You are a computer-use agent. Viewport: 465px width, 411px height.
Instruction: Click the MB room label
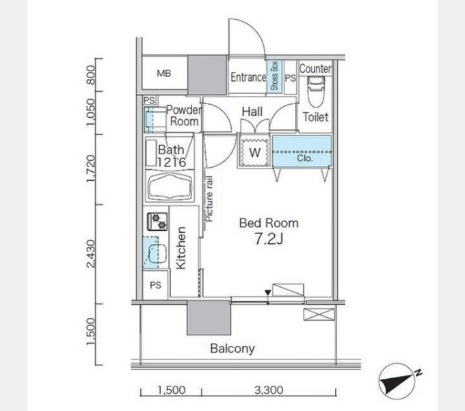(x=163, y=73)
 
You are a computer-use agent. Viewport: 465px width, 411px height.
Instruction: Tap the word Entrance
(x=248, y=77)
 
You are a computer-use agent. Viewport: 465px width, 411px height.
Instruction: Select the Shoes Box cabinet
(x=275, y=77)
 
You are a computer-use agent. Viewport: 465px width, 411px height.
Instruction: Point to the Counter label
(x=315, y=68)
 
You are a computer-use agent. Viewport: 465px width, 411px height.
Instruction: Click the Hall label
(x=253, y=112)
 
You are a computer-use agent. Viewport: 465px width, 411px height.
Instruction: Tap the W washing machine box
(x=254, y=151)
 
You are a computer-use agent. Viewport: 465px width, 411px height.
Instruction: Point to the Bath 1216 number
(x=171, y=162)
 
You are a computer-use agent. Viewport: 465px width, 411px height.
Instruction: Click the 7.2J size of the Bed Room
(x=268, y=239)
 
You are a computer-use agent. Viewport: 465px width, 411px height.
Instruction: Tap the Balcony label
(x=232, y=349)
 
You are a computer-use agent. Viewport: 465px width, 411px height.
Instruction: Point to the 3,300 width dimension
(x=269, y=391)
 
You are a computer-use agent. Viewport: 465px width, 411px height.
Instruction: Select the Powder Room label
(x=183, y=115)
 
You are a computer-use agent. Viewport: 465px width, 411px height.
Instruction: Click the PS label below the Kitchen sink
(x=155, y=286)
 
